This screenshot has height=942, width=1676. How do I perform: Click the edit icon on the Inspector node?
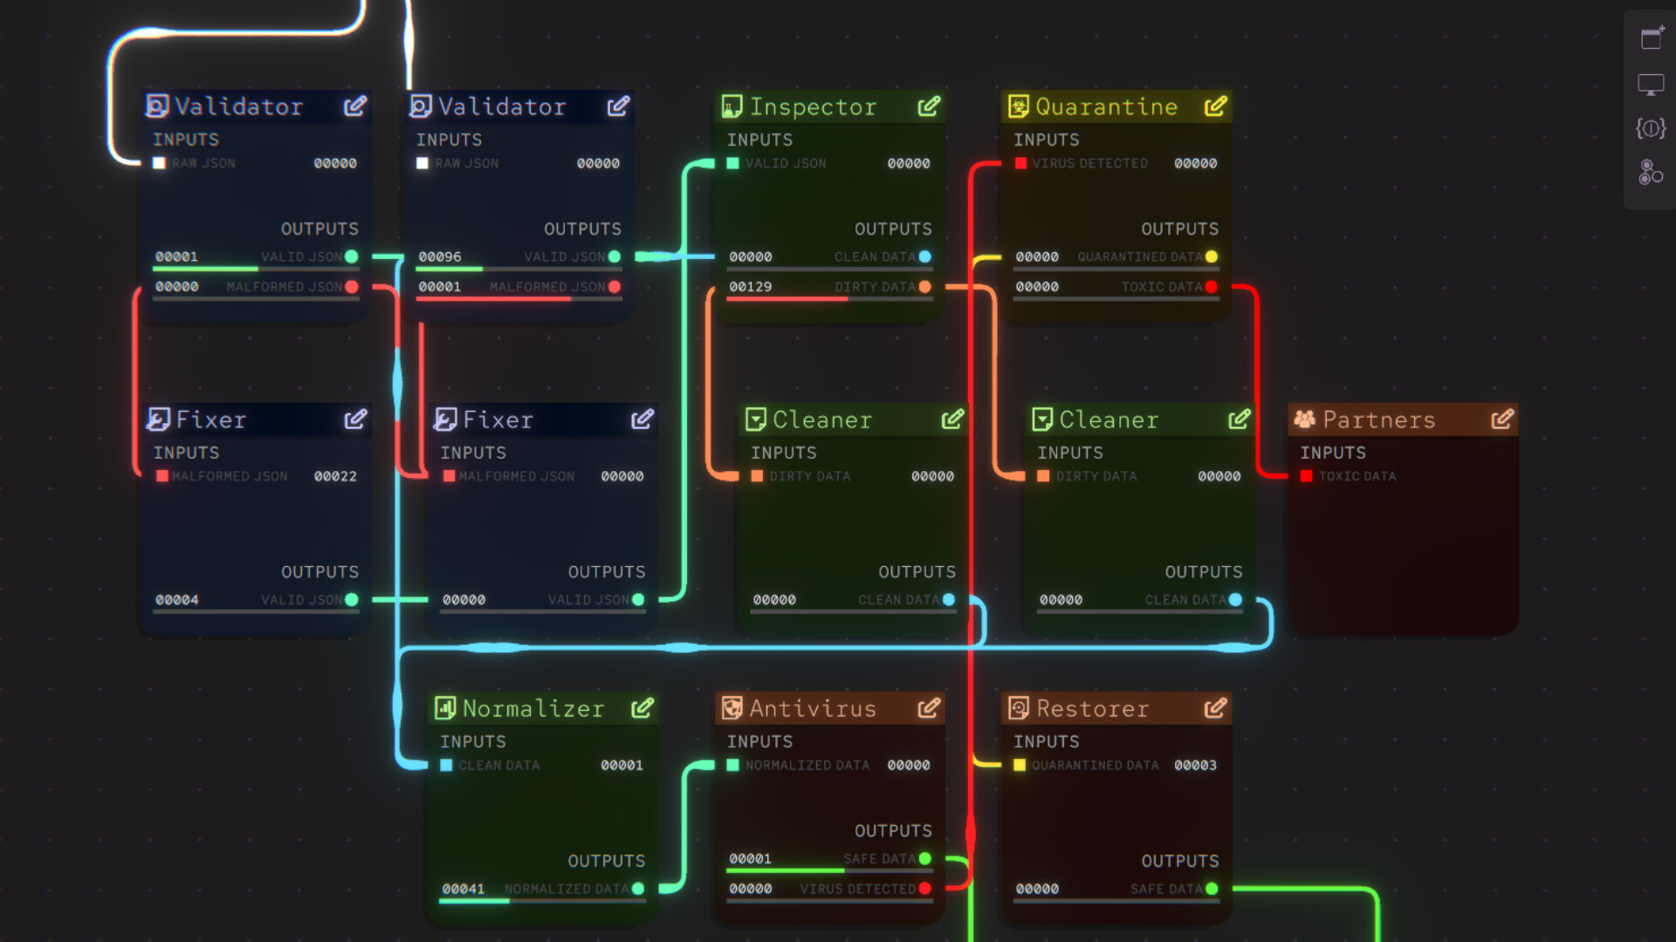pos(929,106)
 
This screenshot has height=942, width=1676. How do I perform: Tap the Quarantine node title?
pos(1106,106)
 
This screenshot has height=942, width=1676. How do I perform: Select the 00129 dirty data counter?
pos(750,287)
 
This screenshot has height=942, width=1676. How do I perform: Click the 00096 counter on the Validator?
pos(439,257)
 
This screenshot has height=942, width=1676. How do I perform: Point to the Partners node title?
pos(1378,420)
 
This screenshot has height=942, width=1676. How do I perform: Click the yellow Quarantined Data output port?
pos(1211,256)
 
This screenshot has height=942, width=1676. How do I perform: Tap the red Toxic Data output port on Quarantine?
pos(1211,287)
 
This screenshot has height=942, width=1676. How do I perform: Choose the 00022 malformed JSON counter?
pos(335,476)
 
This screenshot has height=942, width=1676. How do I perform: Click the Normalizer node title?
pos(532,708)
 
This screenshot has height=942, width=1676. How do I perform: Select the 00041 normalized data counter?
pos(463,889)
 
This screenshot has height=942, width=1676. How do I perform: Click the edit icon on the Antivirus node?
pos(929,708)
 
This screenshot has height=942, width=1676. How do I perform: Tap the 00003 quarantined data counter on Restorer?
pos(1195,765)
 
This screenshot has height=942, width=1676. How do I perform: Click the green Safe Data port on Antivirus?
pos(924,858)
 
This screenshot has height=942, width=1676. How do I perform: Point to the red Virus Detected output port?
pos(924,889)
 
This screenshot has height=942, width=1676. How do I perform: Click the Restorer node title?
pos(1092,708)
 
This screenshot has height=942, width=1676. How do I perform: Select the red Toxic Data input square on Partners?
pos(1307,476)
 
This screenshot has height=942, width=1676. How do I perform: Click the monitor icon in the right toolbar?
pos(1650,85)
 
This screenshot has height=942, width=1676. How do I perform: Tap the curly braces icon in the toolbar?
pos(1650,129)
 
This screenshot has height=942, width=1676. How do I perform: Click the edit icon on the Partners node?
pos(1501,420)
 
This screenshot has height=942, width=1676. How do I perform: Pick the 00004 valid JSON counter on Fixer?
pos(176,600)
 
